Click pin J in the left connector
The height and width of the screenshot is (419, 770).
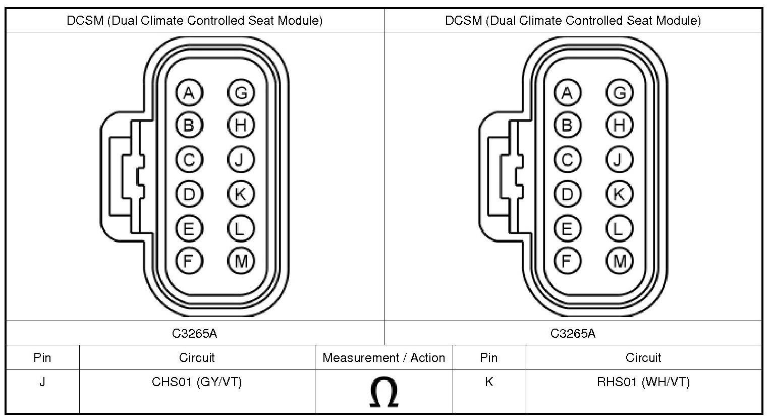(241, 160)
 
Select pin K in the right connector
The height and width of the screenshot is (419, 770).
(619, 194)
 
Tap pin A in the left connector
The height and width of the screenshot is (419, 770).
(189, 93)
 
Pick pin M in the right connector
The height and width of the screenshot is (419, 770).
(619, 260)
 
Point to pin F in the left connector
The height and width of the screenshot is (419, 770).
(189, 260)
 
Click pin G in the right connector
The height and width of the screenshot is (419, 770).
(619, 93)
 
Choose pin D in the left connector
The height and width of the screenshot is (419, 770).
(189, 194)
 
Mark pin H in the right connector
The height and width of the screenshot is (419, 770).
(619, 125)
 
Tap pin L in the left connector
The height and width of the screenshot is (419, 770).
(241, 228)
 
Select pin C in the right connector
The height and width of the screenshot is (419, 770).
(568, 160)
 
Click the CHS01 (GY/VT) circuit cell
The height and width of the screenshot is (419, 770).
(197, 382)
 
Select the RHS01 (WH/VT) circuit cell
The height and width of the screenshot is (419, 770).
(643, 382)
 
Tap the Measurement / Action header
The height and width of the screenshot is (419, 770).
(383, 358)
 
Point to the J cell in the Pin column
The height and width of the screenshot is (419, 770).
(42, 382)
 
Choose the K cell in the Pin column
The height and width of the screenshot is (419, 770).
(488, 382)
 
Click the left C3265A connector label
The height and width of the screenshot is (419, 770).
(195, 333)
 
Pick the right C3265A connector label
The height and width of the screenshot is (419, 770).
(573, 333)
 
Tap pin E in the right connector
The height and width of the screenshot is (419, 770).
(568, 228)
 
